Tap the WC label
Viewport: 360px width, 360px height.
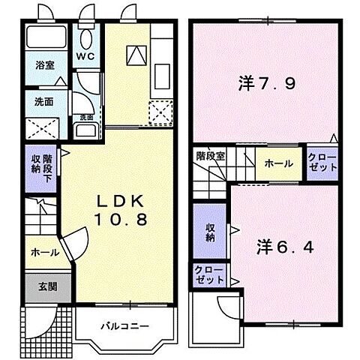tap(85, 55)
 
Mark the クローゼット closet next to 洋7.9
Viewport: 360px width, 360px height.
tap(322, 162)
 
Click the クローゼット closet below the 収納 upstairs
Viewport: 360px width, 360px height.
tap(209, 274)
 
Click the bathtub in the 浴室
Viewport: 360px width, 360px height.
tap(44, 39)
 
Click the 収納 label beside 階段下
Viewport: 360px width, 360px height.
tap(35, 163)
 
